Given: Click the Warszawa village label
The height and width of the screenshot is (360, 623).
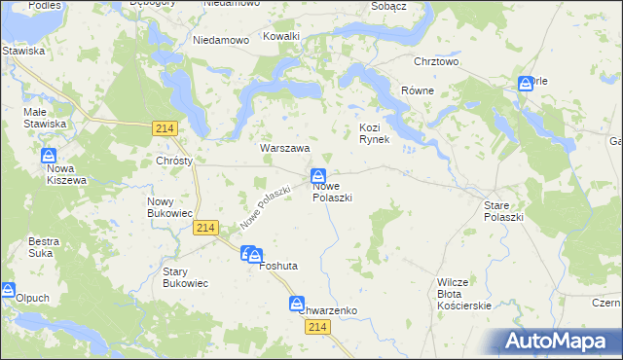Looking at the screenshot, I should [284, 149].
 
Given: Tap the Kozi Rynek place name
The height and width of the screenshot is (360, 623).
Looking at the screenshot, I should [374, 133].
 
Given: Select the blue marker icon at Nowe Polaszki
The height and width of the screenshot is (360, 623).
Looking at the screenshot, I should [318, 176].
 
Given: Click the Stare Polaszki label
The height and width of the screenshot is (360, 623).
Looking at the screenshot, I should [503, 211].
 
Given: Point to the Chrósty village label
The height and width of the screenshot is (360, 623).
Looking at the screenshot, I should [174, 161].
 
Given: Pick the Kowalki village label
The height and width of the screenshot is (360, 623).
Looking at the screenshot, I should [282, 36].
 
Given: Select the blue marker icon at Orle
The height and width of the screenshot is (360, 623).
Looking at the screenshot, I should [526, 84].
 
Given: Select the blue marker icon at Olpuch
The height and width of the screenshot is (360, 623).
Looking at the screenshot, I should [8, 290].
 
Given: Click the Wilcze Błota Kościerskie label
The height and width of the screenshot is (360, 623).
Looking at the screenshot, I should [463, 294].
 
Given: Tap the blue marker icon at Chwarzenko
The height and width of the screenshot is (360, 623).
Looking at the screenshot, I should [297, 305].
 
